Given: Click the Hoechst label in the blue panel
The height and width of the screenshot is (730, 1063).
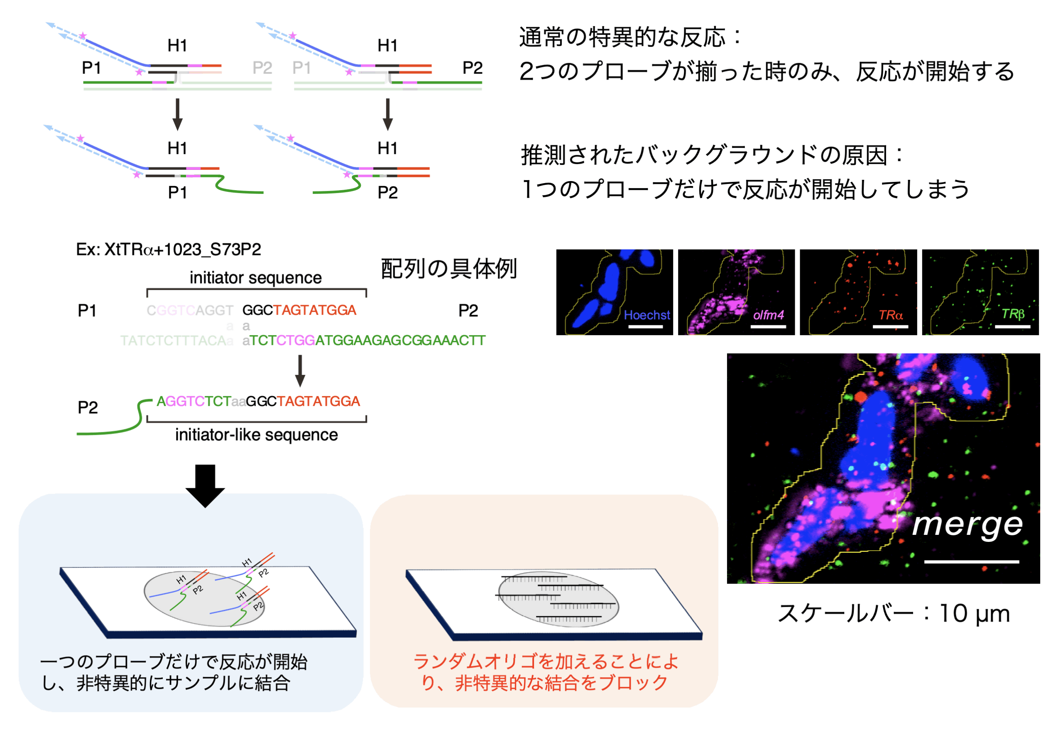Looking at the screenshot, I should point(646,315).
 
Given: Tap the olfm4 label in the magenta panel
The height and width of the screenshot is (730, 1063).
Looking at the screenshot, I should point(768,315).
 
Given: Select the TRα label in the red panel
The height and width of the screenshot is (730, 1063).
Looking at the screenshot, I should point(890,315).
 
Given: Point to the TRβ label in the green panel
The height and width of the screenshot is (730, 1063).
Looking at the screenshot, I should point(1012,314).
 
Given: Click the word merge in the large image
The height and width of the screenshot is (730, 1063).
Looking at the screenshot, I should point(967,524).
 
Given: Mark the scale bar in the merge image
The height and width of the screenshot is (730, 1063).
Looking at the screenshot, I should point(971,562).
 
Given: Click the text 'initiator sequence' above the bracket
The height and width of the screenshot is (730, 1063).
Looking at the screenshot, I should point(255,278).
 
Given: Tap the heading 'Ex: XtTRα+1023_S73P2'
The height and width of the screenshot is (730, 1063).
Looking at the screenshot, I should point(168,250).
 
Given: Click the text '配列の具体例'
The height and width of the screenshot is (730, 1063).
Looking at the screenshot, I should point(449,269).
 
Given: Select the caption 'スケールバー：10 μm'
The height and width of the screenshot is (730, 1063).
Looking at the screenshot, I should point(893,614).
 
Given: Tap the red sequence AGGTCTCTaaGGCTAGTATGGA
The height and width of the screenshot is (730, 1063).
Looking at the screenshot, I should point(258,402).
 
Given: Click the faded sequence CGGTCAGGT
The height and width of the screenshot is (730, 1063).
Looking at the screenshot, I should point(189,311).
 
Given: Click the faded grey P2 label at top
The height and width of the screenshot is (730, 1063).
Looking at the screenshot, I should point(262,68).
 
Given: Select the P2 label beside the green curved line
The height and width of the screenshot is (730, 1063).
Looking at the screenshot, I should point(87,407).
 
